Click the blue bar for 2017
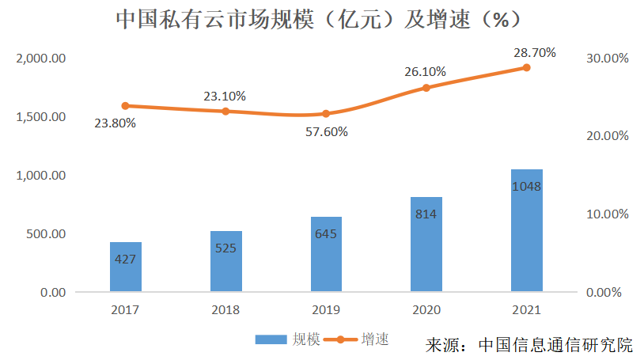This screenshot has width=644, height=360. tap(126, 267)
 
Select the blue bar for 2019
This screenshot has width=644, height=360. tap(326, 254)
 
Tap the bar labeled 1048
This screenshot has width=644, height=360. tap(526, 230)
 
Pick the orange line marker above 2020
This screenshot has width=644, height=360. tap(426, 88)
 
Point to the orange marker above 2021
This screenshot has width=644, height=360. tap(526, 68)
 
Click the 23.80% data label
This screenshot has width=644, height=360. tap(115, 123)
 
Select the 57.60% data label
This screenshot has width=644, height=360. tap(326, 132)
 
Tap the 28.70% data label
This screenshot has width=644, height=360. tap(534, 53)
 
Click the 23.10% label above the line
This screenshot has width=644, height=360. tap(225, 96)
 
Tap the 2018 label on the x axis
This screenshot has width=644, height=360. tap(225, 309)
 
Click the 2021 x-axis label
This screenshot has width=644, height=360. tap(526, 309)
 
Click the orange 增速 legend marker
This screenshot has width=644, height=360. tap(339, 339)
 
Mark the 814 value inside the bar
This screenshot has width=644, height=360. tap(426, 214)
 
